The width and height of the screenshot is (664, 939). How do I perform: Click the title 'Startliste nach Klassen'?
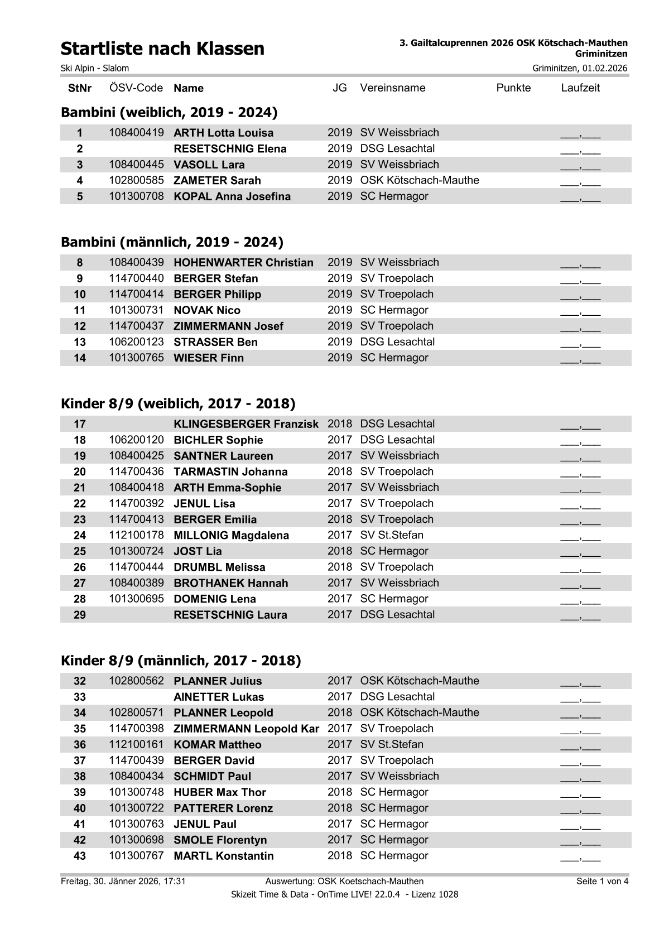coord(162,49)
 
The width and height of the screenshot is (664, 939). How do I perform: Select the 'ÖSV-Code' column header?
coord(136,88)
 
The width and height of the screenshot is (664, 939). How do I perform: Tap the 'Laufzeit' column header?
coord(580,88)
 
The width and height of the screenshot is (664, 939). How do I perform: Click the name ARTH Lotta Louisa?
coord(224,133)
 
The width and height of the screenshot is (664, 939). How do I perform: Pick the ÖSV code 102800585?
coord(136,180)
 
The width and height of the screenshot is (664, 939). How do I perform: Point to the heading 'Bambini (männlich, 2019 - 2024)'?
coord(172,242)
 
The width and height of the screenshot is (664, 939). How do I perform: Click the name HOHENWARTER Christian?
coord(243,263)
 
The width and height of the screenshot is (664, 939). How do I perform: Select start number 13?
coord(80,342)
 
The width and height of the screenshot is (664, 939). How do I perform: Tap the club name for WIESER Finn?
coord(394,358)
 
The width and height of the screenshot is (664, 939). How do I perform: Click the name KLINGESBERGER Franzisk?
coord(246,424)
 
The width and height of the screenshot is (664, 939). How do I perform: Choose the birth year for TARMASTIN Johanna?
coord(339,471)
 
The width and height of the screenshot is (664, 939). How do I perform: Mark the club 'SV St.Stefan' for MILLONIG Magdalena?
coord(392,535)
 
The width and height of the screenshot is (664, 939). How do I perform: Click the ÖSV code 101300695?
coord(136,599)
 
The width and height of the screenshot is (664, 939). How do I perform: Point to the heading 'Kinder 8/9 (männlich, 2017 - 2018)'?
coord(181,661)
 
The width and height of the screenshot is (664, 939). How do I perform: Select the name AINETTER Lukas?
coord(219,697)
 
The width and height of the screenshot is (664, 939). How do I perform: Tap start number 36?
coord(80,744)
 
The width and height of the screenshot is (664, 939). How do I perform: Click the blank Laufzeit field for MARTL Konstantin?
coord(580,857)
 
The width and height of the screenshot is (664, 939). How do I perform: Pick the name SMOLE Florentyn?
coord(220,840)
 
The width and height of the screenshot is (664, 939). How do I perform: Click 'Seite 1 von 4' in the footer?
coord(602,882)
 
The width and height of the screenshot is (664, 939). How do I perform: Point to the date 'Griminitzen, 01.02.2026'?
coord(580,68)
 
